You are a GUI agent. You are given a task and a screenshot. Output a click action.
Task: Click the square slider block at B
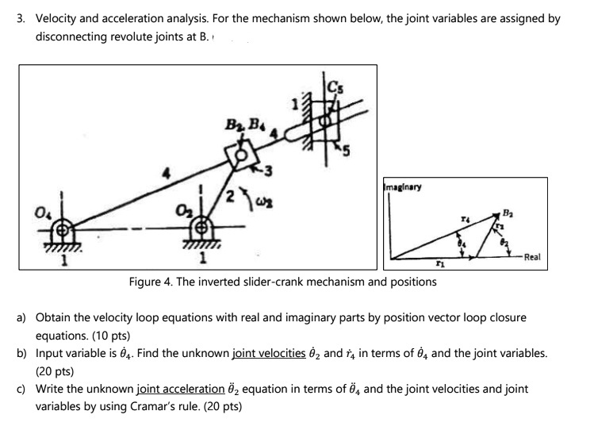(x=240, y=152)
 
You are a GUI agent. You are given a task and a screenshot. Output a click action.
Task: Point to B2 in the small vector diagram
(x=498, y=212)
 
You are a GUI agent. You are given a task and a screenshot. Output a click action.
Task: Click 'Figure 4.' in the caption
(x=153, y=282)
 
